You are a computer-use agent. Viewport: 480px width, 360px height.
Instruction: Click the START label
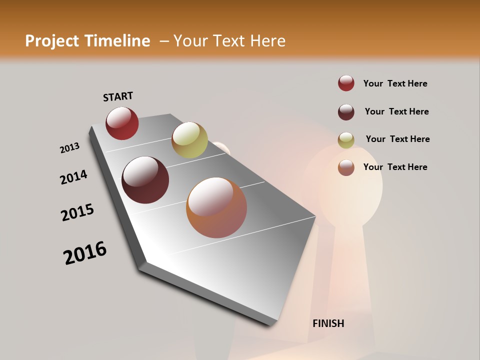118,96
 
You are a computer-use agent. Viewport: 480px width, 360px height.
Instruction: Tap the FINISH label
328,323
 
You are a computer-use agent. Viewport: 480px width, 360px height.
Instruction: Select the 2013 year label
69,148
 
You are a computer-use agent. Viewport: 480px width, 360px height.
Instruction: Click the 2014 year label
74,177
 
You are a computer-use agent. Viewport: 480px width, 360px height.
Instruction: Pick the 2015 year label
77,212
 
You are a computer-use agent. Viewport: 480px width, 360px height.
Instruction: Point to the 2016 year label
85,252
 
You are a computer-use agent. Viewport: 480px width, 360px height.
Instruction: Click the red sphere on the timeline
122,123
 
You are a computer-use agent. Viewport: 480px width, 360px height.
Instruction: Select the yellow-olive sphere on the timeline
189,140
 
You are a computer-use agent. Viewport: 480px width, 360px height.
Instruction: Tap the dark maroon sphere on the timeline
145,180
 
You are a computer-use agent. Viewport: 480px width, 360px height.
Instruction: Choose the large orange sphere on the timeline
216,207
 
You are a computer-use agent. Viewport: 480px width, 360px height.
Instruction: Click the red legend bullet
346,83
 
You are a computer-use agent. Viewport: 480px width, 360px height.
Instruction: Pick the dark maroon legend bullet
346,112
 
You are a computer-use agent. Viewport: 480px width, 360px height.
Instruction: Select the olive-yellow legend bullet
346,140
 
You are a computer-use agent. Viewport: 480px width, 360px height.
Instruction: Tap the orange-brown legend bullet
346,167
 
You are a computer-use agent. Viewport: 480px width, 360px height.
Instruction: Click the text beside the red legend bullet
395,83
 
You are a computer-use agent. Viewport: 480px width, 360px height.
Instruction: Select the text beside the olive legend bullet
397,139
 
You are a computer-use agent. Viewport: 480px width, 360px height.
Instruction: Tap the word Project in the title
52,41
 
